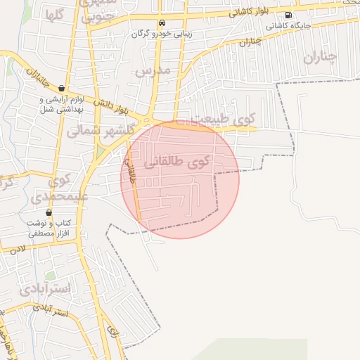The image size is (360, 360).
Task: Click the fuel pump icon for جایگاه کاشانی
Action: pos(288,15)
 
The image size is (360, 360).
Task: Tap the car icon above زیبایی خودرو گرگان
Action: pos(163,22)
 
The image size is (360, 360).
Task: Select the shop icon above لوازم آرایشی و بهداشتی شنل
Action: pos(62,89)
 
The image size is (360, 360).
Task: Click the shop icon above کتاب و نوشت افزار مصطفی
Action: pos(49,212)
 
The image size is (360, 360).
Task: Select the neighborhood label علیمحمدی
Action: pos(66,195)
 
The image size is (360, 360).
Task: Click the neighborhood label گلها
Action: pos(56,15)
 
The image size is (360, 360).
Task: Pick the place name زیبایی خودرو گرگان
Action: pos(163,34)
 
